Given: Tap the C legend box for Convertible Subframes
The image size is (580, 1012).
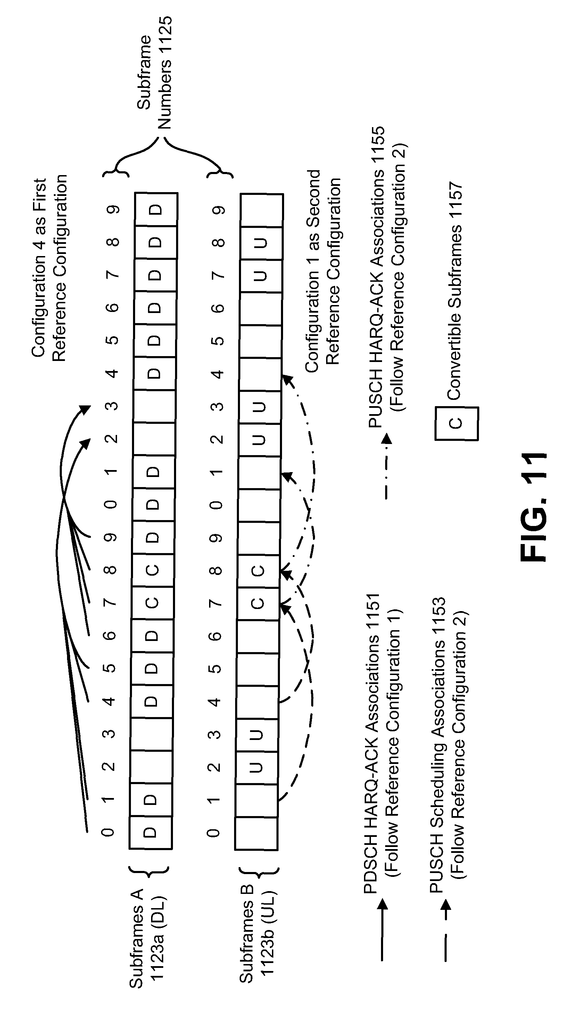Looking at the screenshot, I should click(x=456, y=423).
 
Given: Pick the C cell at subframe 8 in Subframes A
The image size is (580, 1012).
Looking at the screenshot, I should click(x=152, y=570).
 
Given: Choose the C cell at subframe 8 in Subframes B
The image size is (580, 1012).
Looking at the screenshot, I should click(x=258, y=571).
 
